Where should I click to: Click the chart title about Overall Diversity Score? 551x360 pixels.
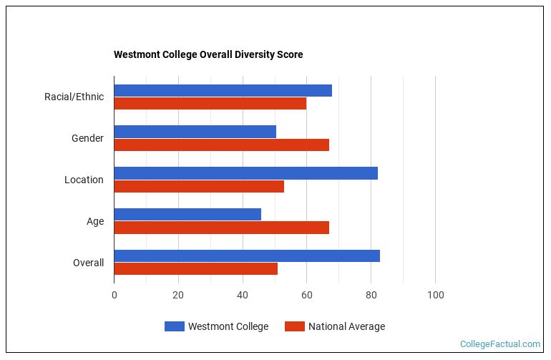coord(208,55)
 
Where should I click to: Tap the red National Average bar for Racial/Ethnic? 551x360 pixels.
coord(210,103)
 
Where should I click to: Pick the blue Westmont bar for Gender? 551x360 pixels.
coord(195,132)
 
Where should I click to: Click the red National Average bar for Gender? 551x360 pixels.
coord(221,145)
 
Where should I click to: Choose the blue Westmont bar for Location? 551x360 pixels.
coord(245,173)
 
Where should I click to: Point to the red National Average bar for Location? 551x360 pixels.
coord(199,186)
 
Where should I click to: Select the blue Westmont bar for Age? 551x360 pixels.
coord(187,214)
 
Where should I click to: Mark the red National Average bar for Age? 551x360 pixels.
coord(221,228)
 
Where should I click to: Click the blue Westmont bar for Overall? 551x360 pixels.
coord(247,256)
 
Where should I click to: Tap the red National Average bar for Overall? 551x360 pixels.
coord(195,268)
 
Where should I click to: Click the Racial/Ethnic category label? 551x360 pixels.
coord(74,97)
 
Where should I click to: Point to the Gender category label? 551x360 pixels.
coord(87,138)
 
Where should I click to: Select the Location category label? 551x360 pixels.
coord(84,180)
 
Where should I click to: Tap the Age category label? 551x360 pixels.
coord(95,221)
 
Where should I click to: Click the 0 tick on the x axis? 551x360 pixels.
coord(114,295)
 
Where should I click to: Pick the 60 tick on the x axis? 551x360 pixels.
coord(306,295)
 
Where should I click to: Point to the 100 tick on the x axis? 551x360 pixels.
coord(435,295)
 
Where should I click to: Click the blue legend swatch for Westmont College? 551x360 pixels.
coord(174,326)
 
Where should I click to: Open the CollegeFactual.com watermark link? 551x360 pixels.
coord(499,344)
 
